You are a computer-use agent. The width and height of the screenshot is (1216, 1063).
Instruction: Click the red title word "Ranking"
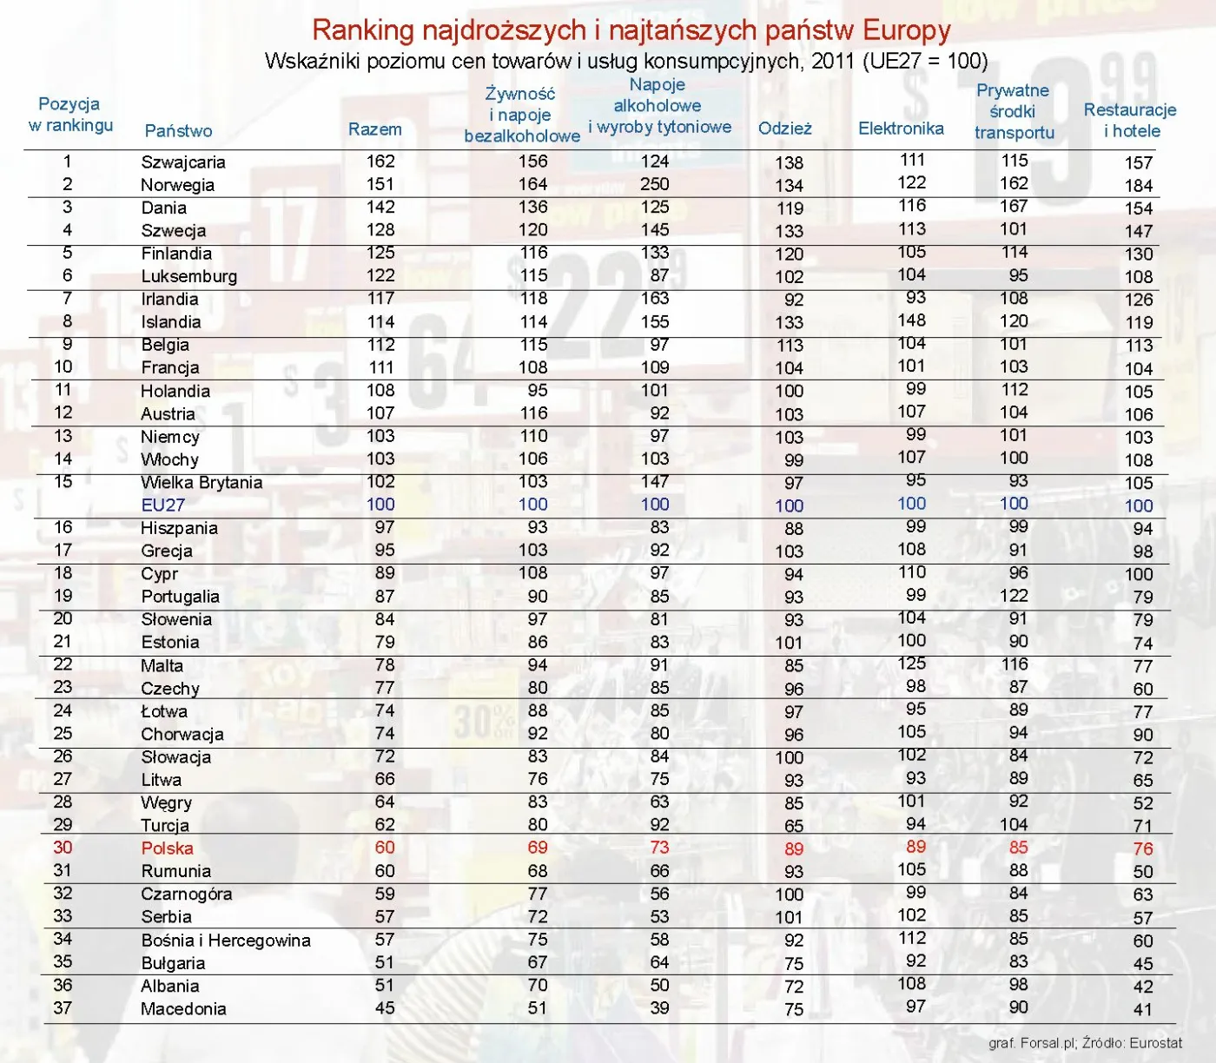[362, 30]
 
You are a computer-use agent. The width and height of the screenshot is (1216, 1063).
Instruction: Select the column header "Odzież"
[784, 129]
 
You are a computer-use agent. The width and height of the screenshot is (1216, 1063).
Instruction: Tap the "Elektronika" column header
[901, 129]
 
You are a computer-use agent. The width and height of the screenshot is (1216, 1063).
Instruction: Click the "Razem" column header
[374, 129]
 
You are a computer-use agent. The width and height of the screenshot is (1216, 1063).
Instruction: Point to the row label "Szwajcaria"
[183, 162]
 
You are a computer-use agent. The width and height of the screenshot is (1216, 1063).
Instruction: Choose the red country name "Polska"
[167, 848]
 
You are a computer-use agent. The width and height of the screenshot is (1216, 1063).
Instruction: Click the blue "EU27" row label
[162, 505]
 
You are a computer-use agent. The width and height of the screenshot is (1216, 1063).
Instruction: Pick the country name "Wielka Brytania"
[202, 483]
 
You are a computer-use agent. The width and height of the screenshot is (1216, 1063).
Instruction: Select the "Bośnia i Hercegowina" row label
[226, 941]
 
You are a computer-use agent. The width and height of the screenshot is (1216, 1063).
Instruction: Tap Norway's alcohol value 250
[654, 184]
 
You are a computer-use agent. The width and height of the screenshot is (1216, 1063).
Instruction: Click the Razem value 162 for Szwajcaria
[380, 162]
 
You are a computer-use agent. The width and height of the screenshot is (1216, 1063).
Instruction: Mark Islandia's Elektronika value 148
[911, 320]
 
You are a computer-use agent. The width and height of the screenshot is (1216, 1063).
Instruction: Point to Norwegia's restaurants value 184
[1138, 186]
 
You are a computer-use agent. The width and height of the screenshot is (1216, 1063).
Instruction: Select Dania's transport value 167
[1014, 207]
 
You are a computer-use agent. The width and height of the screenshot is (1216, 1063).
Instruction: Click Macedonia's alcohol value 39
[659, 1008]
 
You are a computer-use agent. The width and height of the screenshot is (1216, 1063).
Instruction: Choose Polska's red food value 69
[537, 848]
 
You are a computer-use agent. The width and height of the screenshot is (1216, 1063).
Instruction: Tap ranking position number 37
[63, 1008]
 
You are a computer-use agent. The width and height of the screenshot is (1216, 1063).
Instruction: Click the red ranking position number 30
[63, 848]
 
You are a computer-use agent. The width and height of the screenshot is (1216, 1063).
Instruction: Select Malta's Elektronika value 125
[911, 664]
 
